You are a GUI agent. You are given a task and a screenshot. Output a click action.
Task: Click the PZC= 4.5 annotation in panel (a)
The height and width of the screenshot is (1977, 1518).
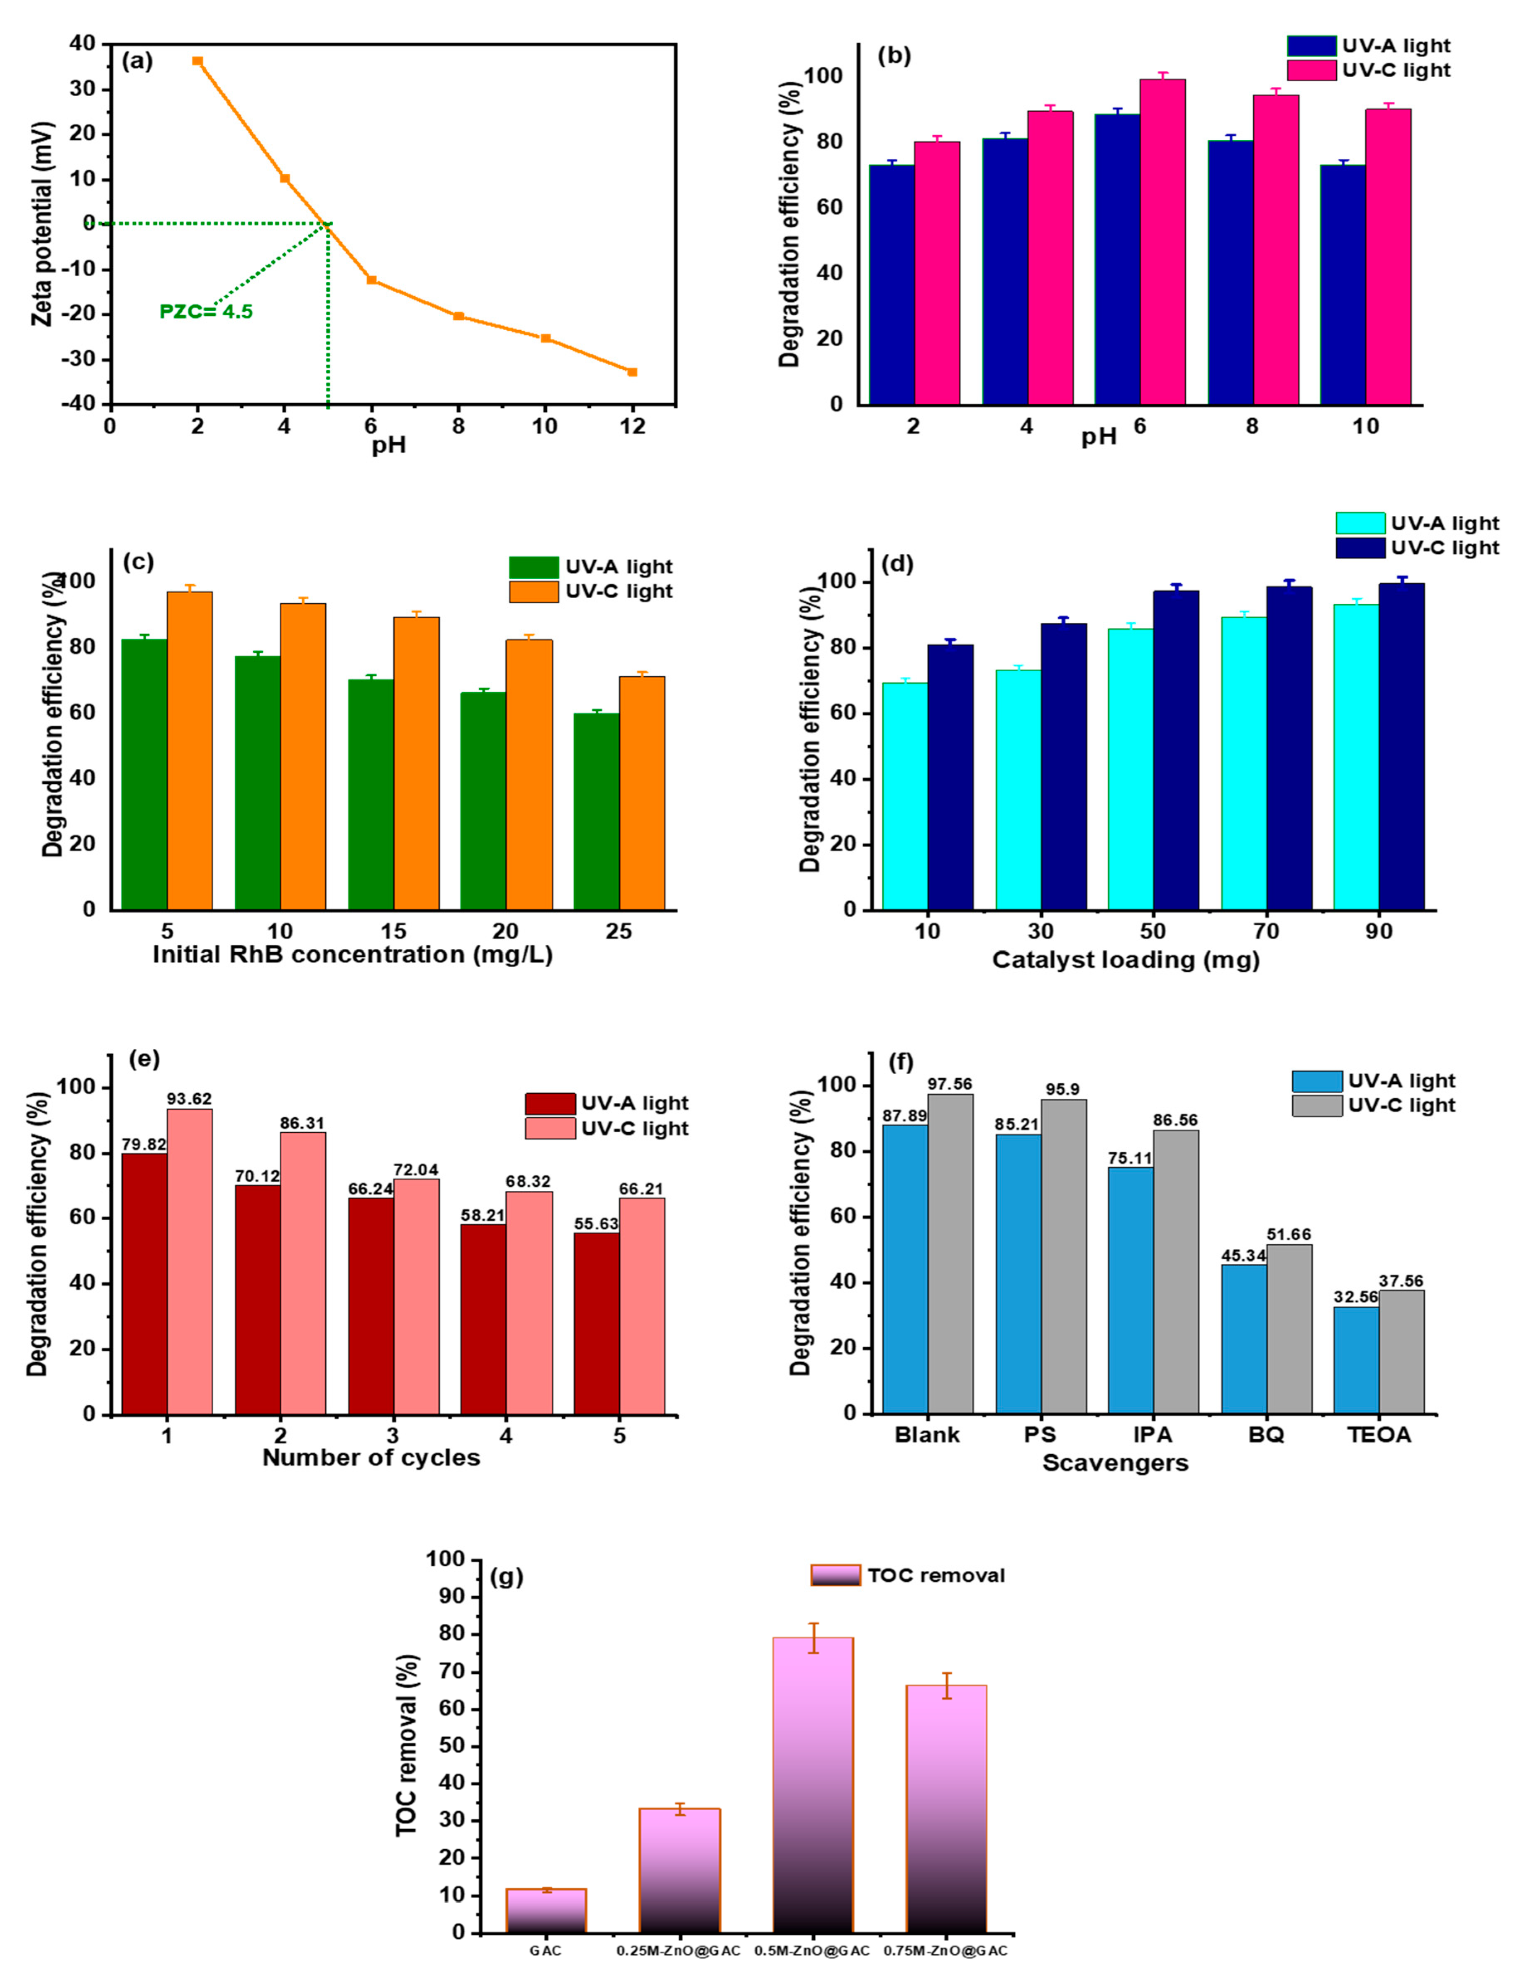206,312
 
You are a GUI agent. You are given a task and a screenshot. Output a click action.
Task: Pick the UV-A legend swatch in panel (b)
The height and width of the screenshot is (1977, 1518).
1311,46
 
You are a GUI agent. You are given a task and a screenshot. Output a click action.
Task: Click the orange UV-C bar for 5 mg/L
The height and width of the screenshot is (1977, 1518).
190,750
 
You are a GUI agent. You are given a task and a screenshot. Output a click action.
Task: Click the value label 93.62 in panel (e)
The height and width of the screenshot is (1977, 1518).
189,1099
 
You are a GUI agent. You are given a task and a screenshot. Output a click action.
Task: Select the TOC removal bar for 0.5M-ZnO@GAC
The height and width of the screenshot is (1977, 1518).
812,1784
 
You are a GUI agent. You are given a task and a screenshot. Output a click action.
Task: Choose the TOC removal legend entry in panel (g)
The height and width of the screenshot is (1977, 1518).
908,1575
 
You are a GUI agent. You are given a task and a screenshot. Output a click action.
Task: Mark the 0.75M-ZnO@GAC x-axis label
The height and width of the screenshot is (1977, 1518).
945,1950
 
